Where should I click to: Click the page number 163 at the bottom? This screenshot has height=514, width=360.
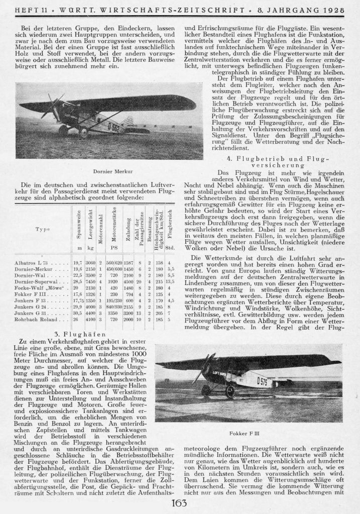(x=180, y=503)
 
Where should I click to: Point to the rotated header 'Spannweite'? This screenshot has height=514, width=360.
(x=78, y=225)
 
